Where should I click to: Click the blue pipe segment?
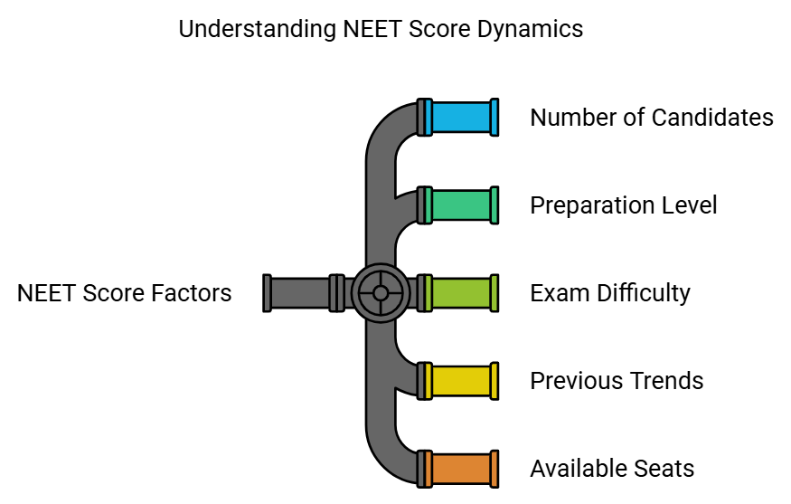461,118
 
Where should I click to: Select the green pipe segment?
461,205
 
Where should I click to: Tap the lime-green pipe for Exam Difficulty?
461,293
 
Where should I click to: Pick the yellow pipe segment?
461,381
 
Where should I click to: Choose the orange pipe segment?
461,469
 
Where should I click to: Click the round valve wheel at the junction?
380,293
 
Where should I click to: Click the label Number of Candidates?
651,118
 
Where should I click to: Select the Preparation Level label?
623,205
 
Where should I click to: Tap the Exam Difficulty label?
609,293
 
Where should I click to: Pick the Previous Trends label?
617,381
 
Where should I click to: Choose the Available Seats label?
612,469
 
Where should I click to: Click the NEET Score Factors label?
124,293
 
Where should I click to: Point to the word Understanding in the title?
257,29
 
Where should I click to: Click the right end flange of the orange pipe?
494,469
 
